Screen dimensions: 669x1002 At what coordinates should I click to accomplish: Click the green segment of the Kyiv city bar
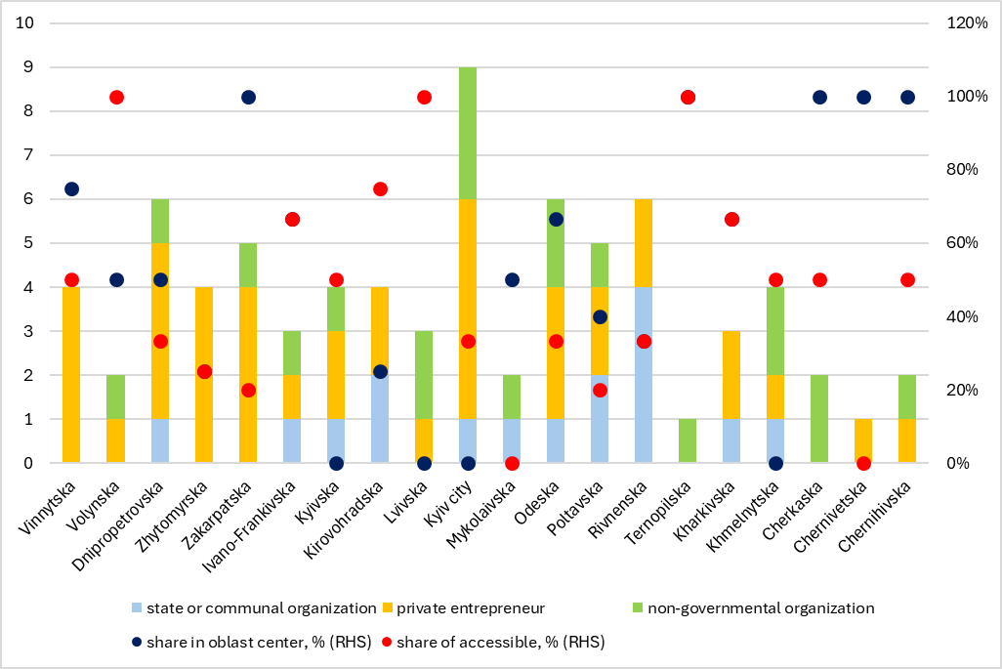pos(468,133)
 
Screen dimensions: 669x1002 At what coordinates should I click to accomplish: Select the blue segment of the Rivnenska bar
pos(644,374)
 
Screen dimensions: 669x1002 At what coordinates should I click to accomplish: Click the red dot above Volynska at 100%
pos(116,97)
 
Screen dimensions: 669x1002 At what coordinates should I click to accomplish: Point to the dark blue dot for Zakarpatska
pos(248,97)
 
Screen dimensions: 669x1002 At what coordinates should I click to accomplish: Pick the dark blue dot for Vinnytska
pos(72,188)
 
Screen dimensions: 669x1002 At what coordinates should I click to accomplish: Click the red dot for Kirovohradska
pos(380,188)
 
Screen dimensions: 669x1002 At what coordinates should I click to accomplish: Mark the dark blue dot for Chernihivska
pos(907,97)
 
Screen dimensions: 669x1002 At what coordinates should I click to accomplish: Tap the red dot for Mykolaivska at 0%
pos(512,463)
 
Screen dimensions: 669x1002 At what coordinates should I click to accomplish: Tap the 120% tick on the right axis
pos(968,23)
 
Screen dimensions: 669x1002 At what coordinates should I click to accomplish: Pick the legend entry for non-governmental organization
pos(742,608)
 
